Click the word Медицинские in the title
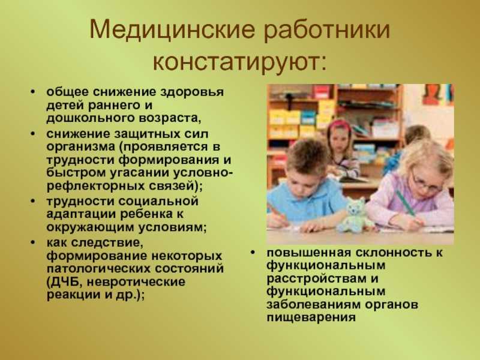click(x=172, y=29)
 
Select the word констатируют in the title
click(x=236, y=63)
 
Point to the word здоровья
click(x=192, y=92)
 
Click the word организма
click(x=81, y=146)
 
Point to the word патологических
click(x=98, y=269)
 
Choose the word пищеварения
click(x=311, y=317)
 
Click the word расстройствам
click(x=317, y=279)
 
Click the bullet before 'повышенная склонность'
click(x=253, y=253)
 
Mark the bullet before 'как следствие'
click(x=33, y=243)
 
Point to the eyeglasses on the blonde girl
click(x=425, y=183)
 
